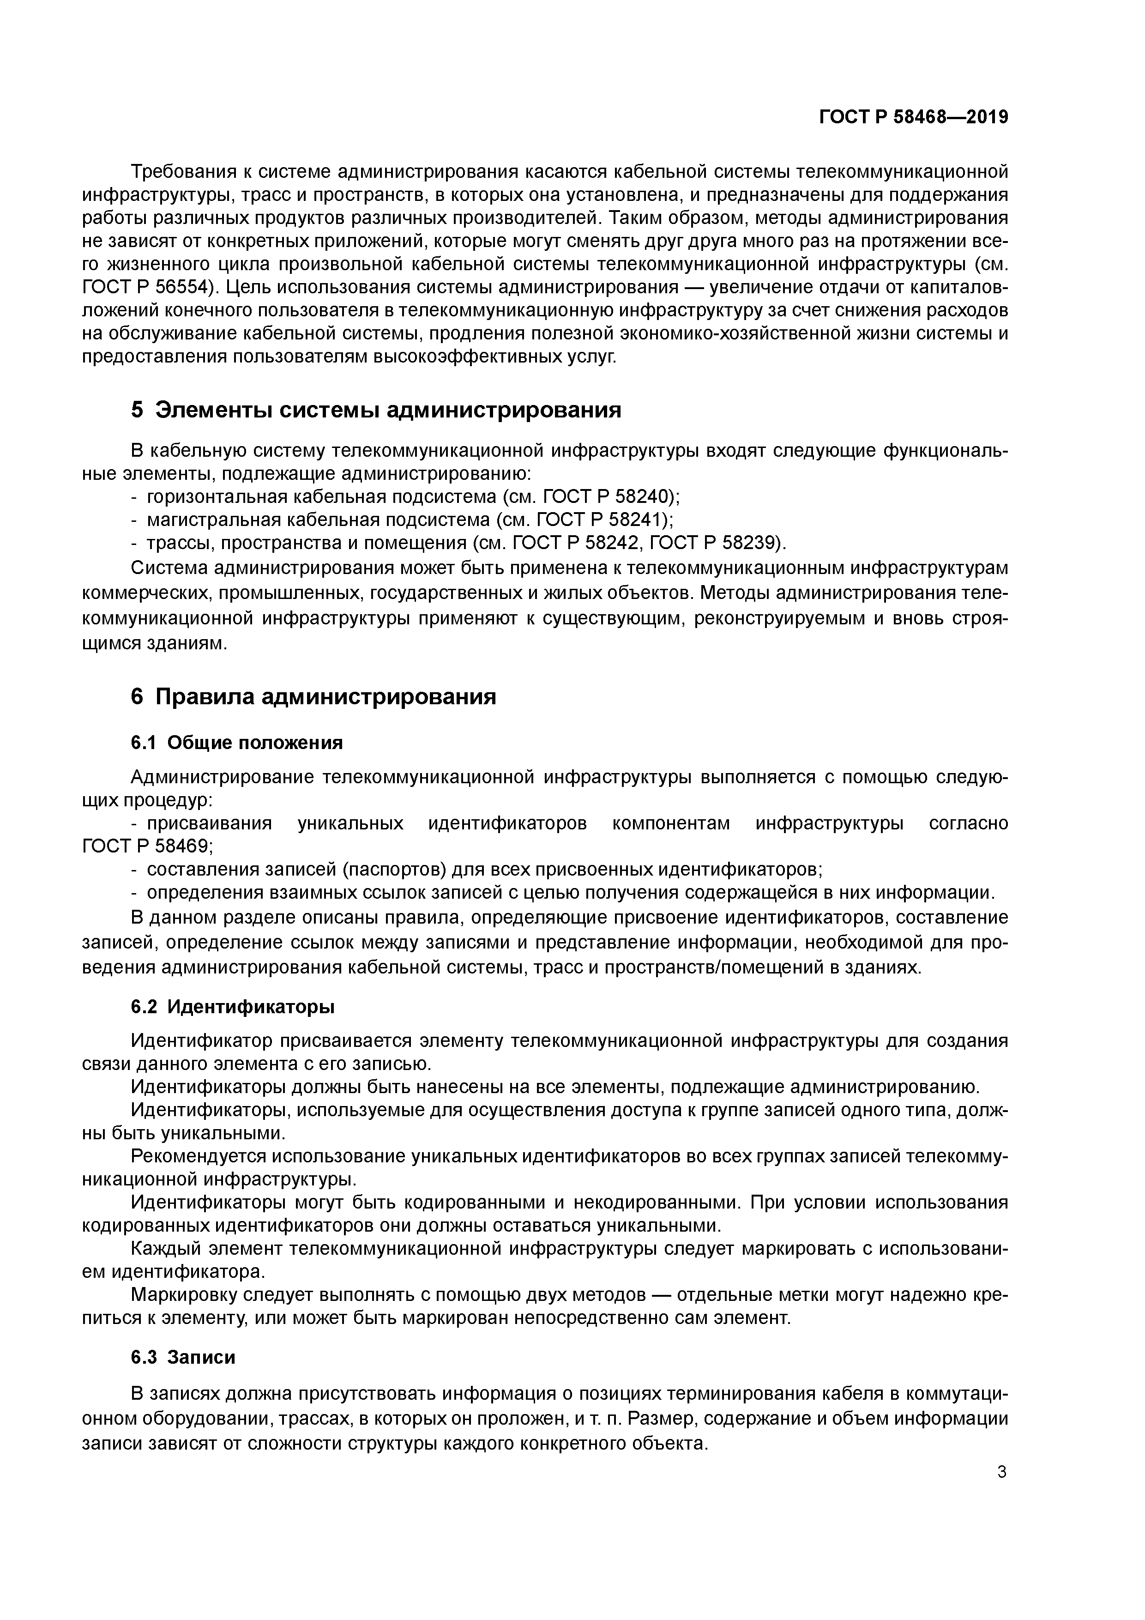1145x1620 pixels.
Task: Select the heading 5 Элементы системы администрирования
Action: coord(375,410)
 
